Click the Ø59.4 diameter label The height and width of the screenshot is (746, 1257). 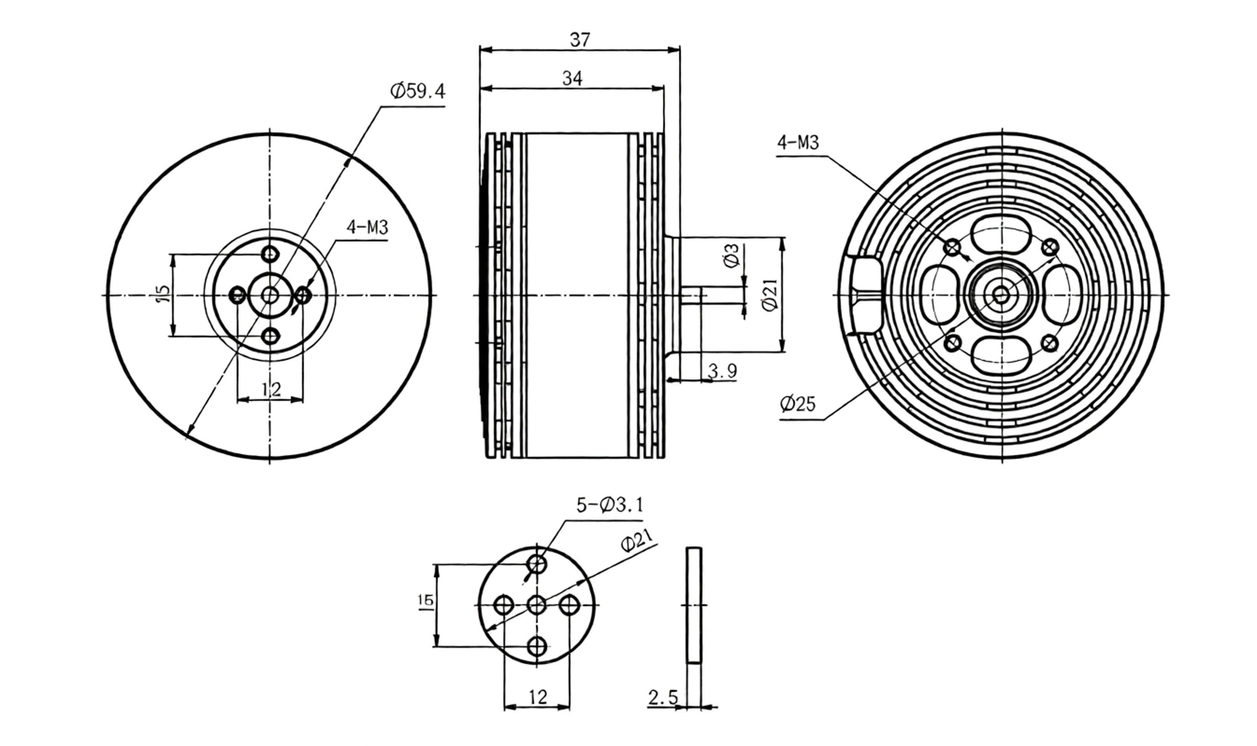(x=418, y=91)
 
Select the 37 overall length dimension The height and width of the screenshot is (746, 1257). (x=580, y=40)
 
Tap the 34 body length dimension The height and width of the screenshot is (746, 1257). (x=572, y=79)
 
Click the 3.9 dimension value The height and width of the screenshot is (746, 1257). (x=722, y=371)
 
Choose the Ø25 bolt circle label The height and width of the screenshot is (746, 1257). (x=798, y=404)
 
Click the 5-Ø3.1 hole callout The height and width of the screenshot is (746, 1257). (x=610, y=505)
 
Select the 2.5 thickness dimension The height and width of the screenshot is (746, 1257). (x=663, y=697)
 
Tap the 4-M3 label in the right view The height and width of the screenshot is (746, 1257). (x=798, y=142)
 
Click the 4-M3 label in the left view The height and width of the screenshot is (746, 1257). (x=368, y=227)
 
